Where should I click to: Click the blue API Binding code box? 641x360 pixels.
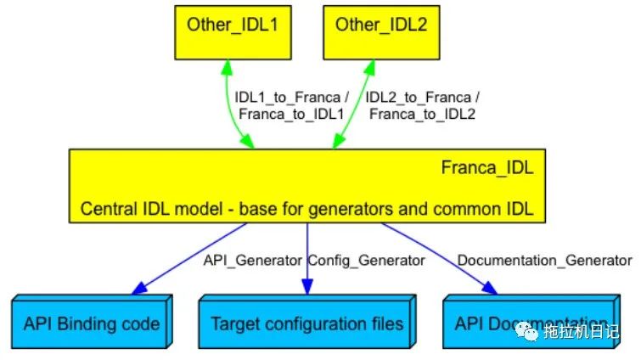click(x=91, y=323)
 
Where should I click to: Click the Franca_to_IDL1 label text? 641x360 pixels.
click(x=291, y=113)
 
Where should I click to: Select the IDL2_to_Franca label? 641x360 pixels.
click(x=422, y=96)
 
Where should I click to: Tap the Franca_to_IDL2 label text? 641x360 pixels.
click(x=422, y=113)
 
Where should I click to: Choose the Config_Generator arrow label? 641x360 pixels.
click(x=366, y=260)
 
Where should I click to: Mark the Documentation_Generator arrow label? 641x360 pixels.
click(x=544, y=260)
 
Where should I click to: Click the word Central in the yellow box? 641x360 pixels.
click(x=106, y=209)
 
